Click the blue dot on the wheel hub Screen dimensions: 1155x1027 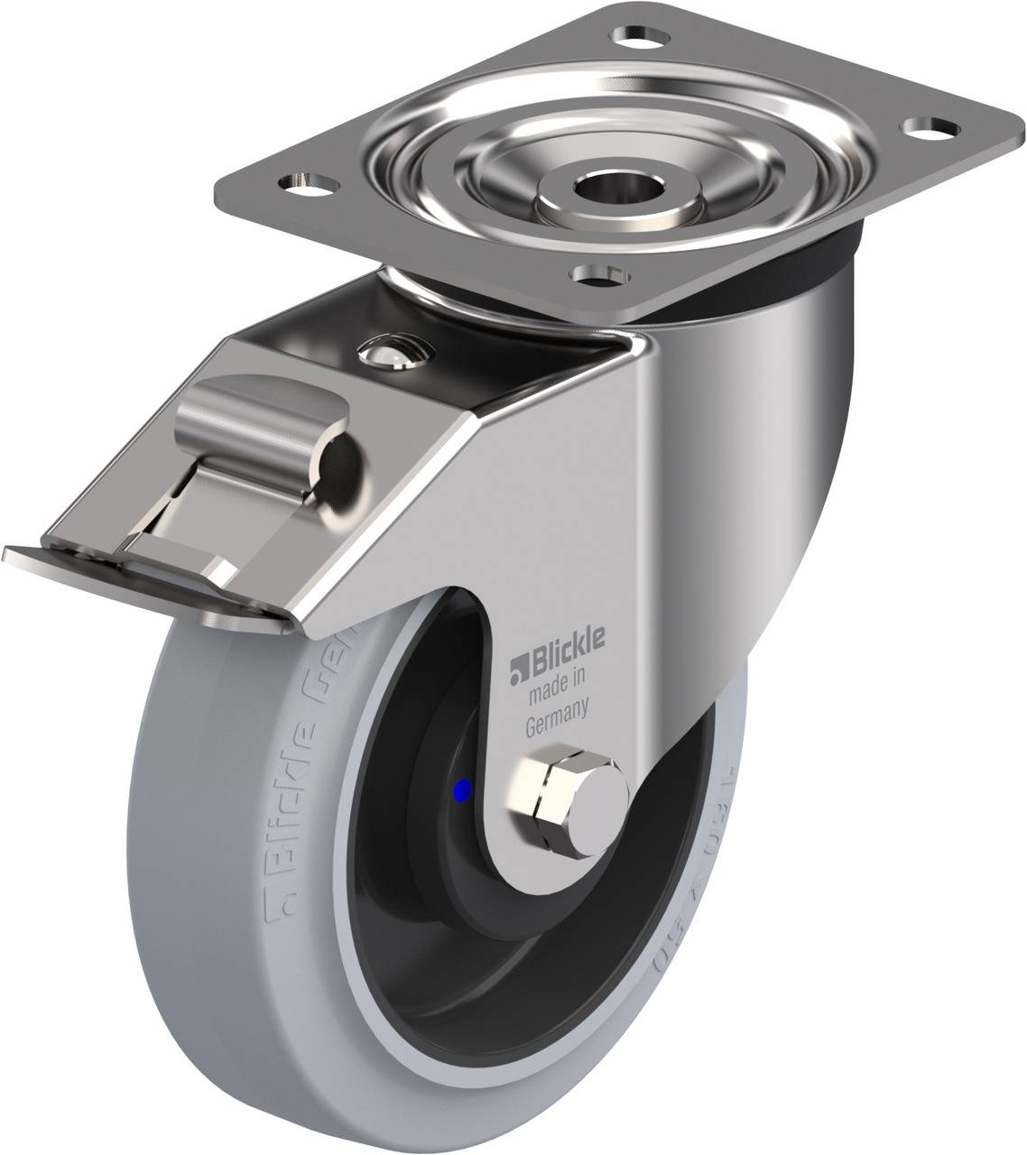pos(463,792)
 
